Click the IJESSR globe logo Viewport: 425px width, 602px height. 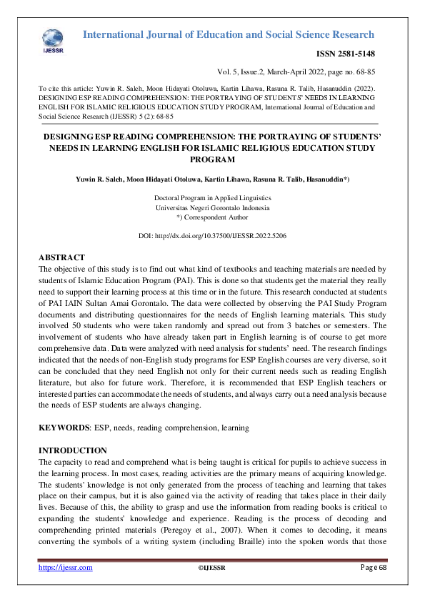pos(53,38)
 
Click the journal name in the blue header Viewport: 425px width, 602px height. pos(229,34)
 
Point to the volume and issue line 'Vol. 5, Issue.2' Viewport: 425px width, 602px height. pos(243,72)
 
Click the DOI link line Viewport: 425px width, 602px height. pos(212,235)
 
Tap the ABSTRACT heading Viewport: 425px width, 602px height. pos(61,257)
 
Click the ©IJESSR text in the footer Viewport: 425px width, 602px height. pos(211,568)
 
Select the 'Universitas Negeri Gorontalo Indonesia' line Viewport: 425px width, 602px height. pos(212,207)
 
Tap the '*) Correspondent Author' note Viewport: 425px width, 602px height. pos(212,217)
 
